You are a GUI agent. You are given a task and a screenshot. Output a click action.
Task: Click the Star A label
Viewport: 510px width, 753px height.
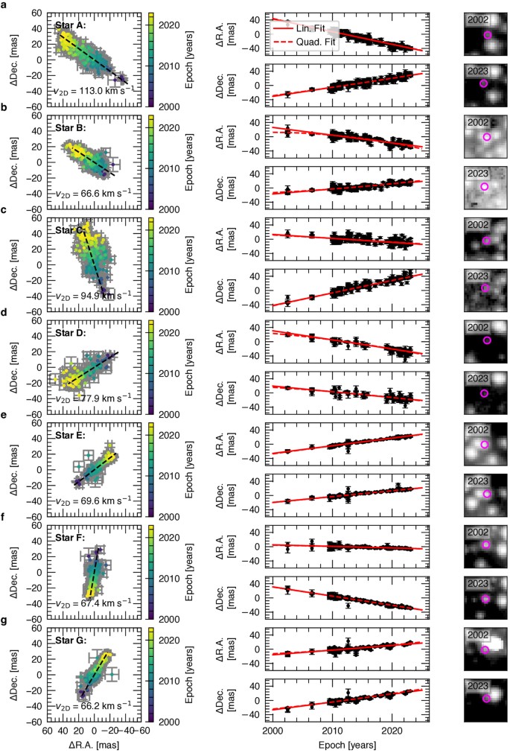pyautogui.click(x=71, y=25)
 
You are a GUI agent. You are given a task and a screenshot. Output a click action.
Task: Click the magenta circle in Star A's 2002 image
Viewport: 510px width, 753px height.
pyautogui.click(x=488, y=35)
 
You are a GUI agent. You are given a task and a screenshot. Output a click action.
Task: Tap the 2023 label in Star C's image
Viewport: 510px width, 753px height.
pyautogui.click(x=479, y=275)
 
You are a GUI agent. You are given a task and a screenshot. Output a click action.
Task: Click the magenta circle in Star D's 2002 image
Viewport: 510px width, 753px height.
pyautogui.click(x=488, y=340)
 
